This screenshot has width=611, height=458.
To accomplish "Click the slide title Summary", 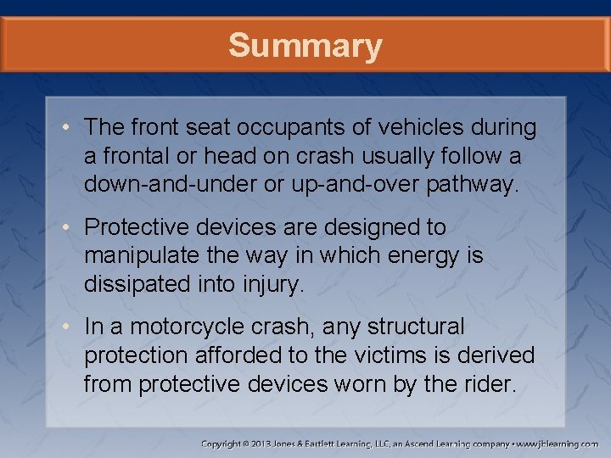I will tap(305, 46).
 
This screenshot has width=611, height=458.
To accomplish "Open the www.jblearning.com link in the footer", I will tap(558, 444).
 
